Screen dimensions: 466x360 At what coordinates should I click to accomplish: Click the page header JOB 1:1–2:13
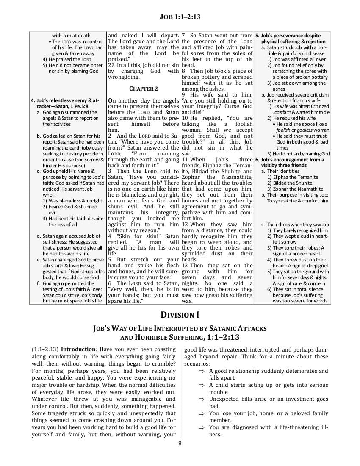tap(180, 17)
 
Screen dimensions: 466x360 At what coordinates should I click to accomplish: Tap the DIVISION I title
tap(180, 314)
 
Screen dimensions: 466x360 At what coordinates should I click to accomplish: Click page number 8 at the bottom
tap(180, 444)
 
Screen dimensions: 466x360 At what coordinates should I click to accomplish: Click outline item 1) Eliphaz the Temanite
tap(292, 177)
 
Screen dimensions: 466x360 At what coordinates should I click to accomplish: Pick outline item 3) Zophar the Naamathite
tap(295, 189)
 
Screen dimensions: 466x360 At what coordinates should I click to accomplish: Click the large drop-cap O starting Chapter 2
tap(111, 100)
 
